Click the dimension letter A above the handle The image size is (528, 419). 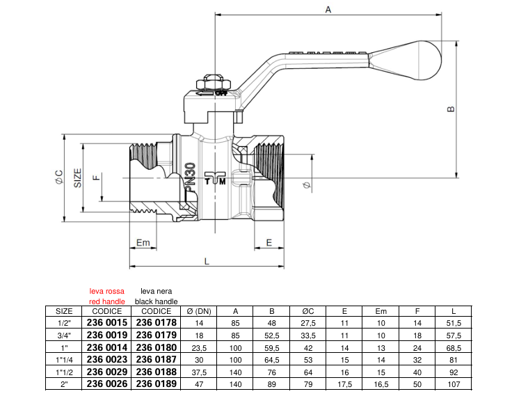(x=328, y=8)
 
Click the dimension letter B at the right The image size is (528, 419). (x=450, y=109)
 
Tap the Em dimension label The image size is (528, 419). (x=143, y=243)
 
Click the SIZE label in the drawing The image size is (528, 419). (x=78, y=177)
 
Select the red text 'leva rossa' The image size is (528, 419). (x=107, y=292)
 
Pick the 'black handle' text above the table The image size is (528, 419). (x=157, y=301)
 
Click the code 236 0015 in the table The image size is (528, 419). (x=107, y=323)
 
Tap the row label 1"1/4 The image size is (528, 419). (x=64, y=359)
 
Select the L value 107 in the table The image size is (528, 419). (x=454, y=384)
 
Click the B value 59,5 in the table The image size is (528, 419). (x=272, y=347)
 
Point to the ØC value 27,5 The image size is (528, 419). (x=308, y=323)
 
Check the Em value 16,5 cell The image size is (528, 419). (x=381, y=384)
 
